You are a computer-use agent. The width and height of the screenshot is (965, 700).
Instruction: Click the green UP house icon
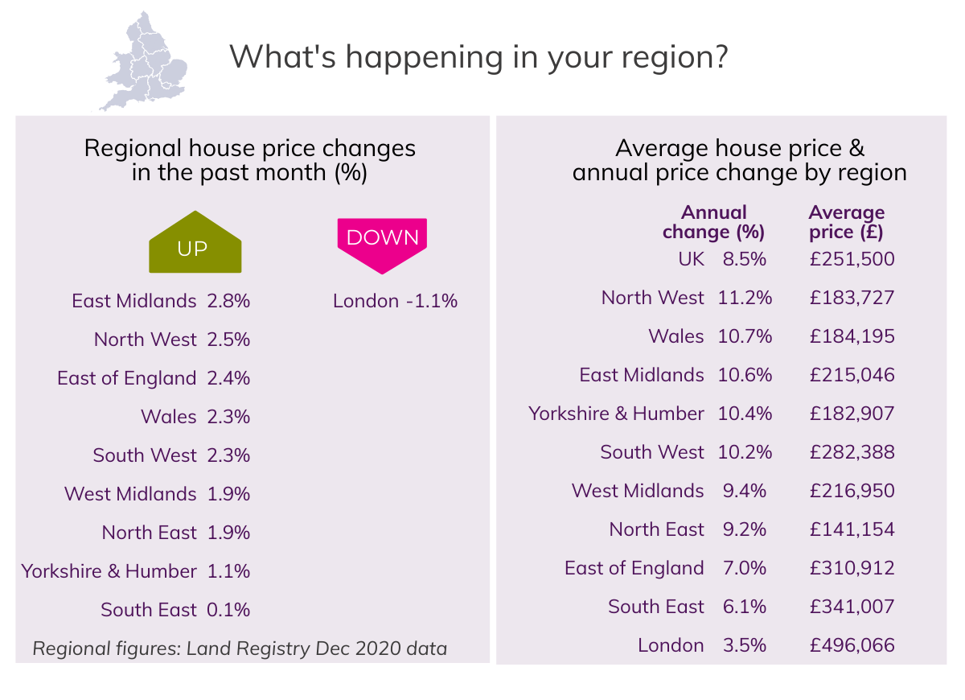195,244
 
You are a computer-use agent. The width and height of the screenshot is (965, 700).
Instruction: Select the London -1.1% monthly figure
395,301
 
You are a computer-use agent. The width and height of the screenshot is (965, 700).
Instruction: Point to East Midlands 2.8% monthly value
228,301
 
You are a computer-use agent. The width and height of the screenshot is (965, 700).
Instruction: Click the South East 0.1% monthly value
228,610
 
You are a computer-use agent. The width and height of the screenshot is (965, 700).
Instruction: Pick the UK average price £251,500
852,259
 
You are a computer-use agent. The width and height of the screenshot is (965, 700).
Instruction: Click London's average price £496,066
852,645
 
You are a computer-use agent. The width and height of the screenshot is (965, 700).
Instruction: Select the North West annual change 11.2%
745,298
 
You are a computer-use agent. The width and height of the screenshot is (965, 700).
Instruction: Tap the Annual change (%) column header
713,223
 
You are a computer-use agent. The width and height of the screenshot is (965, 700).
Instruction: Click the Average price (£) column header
846,223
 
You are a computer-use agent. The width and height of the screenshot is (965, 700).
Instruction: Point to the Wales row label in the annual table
675,336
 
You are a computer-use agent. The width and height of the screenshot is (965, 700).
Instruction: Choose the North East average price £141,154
852,529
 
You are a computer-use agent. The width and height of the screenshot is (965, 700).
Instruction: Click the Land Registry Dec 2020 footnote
240,648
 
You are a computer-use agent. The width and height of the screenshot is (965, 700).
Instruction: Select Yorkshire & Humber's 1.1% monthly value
228,571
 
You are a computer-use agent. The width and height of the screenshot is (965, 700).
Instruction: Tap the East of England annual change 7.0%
745,568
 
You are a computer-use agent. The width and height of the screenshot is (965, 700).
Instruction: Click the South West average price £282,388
852,452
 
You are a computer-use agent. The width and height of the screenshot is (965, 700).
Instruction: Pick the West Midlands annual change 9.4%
745,491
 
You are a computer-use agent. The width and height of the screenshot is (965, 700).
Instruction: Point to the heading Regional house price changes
250,149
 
